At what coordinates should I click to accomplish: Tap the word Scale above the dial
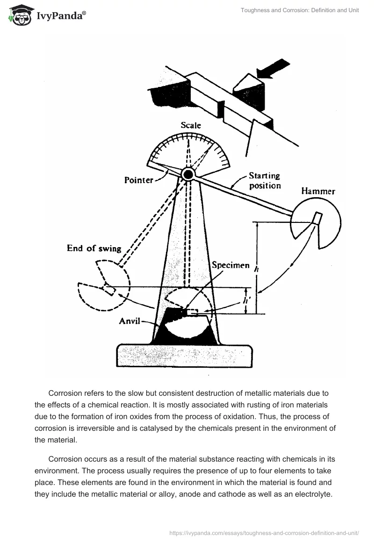[x=191, y=125]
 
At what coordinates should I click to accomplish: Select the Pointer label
[x=139, y=180]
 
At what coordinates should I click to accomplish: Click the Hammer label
[x=318, y=191]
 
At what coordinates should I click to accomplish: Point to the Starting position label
[x=265, y=181]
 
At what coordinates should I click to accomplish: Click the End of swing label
[x=94, y=248]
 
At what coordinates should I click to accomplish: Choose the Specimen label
[x=230, y=265]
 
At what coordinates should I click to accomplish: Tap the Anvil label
[x=130, y=321]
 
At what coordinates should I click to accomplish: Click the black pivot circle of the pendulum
[x=188, y=174]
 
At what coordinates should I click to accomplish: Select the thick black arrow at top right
[x=273, y=68]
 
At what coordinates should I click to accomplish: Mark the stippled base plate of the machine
[x=184, y=356]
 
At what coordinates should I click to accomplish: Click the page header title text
[x=300, y=10]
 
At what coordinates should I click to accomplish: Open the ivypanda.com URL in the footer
[x=264, y=533]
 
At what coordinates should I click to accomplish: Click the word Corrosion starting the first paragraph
[x=65, y=393]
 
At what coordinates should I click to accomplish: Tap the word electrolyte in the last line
[x=313, y=494]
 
